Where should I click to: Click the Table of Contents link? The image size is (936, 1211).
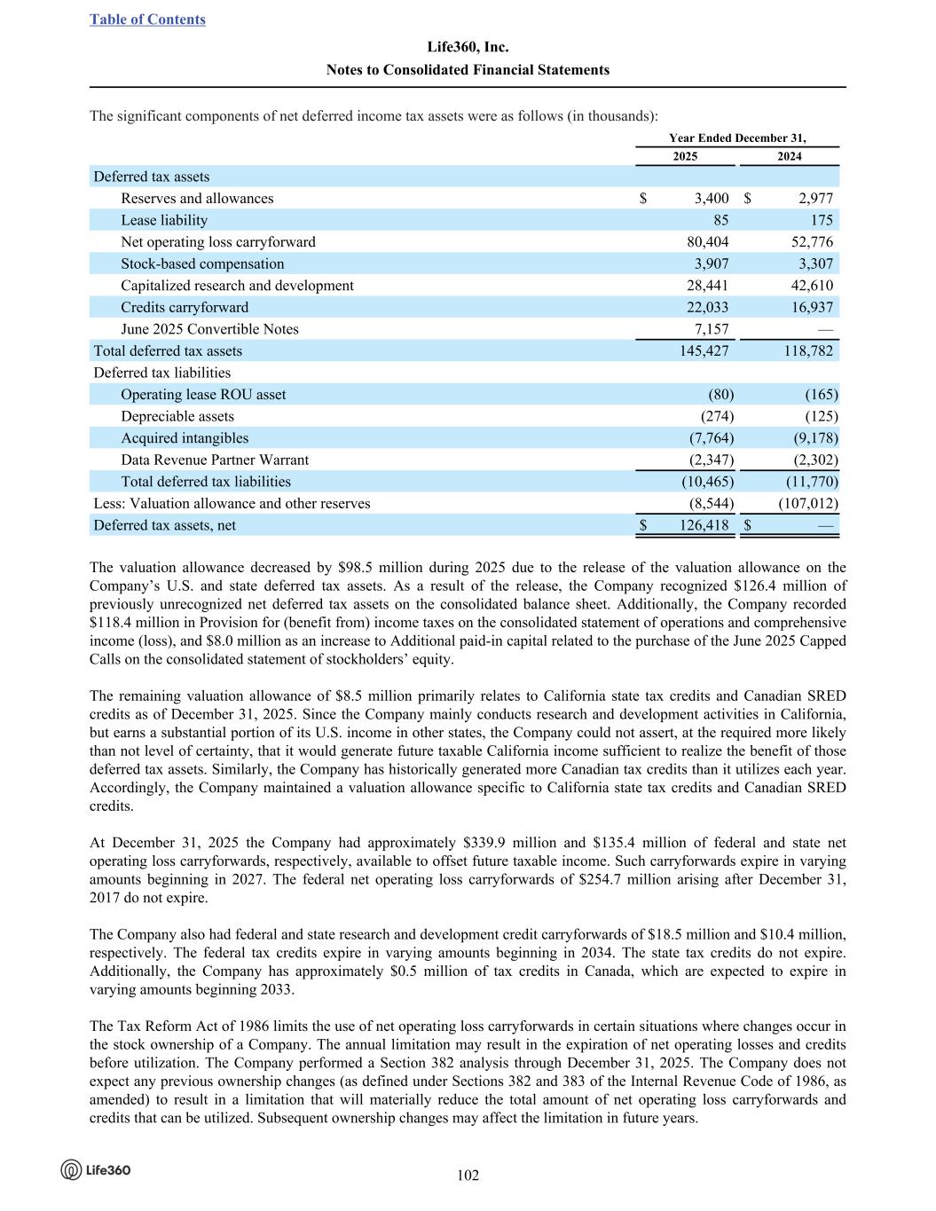(x=147, y=20)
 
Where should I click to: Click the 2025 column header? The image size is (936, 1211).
(x=684, y=156)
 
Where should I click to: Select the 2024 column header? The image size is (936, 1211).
(x=789, y=156)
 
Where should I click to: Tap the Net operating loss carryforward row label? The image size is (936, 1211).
(x=218, y=242)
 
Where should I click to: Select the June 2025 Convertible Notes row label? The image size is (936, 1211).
(x=209, y=329)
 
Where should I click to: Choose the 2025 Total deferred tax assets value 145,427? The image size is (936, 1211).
(x=704, y=351)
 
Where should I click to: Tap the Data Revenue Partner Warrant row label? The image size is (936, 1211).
(x=215, y=460)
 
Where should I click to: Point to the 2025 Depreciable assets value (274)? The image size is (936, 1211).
(x=717, y=416)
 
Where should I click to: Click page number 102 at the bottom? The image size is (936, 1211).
(x=468, y=1176)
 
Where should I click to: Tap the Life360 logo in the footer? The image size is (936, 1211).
(x=96, y=1169)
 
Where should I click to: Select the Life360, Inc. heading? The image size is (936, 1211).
(x=468, y=47)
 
